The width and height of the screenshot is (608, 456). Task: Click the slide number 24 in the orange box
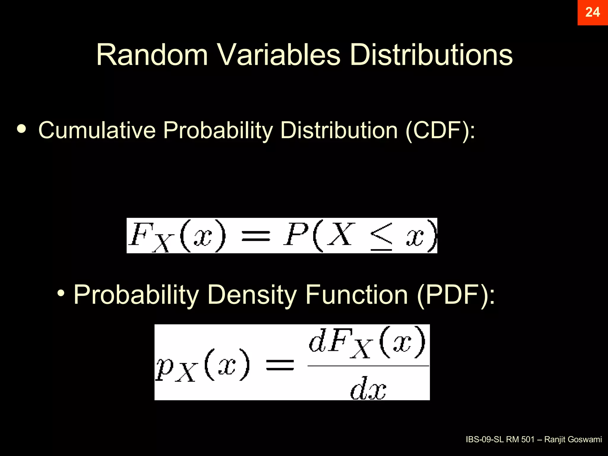(x=592, y=12)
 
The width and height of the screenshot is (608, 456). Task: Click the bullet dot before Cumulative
(x=21, y=129)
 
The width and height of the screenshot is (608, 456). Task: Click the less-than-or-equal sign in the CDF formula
(x=381, y=237)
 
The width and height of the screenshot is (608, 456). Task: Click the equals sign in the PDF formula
(x=280, y=365)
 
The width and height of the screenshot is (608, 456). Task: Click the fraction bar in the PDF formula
(x=368, y=366)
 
